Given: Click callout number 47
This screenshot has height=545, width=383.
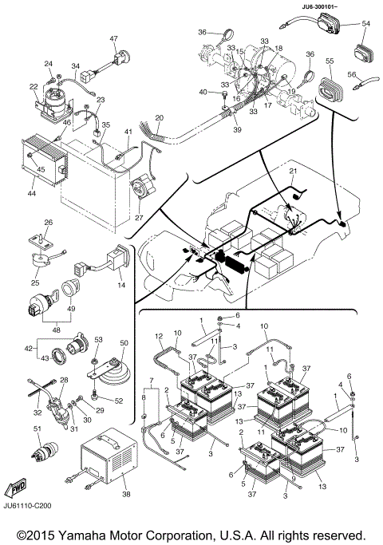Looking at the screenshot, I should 113,38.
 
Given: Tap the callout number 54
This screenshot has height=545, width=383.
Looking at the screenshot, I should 366,24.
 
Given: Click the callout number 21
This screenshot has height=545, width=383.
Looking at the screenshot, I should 293,172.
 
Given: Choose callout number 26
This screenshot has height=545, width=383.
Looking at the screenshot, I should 47,223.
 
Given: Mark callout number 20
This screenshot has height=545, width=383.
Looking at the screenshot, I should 160,117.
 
